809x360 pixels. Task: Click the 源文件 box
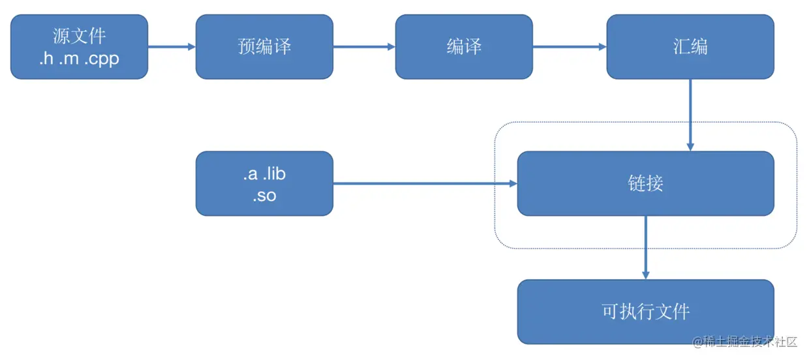(x=79, y=47)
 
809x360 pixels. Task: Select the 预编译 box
(x=264, y=47)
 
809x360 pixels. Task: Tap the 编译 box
(x=464, y=47)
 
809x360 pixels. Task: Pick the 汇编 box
(x=690, y=47)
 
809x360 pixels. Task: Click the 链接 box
(x=645, y=183)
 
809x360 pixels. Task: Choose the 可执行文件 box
(x=645, y=311)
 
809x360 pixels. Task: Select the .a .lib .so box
(x=264, y=183)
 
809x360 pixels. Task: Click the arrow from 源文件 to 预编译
(x=172, y=47)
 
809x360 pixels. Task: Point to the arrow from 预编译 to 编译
(x=364, y=47)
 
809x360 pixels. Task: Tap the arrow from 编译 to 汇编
(x=570, y=47)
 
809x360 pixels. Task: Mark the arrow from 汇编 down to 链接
(x=690, y=115)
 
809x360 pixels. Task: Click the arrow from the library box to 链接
(x=425, y=184)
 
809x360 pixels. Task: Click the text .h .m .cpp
(x=79, y=59)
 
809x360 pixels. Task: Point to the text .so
(x=264, y=195)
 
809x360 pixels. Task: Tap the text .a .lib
(x=264, y=173)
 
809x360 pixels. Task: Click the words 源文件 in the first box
(x=79, y=35)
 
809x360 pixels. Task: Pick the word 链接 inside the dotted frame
(x=645, y=183)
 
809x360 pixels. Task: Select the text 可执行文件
(x=645, y=311)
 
